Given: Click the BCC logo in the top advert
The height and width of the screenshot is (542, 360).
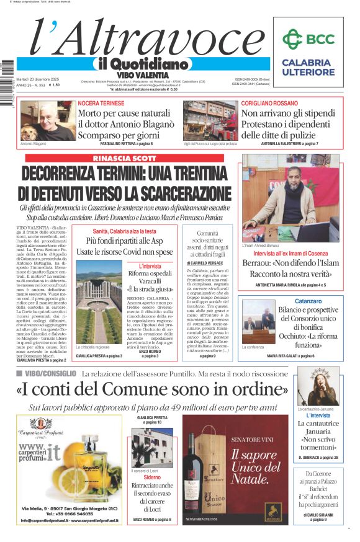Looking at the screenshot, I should point(308,39).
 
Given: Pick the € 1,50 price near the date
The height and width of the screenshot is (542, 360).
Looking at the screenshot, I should point(55,85).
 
